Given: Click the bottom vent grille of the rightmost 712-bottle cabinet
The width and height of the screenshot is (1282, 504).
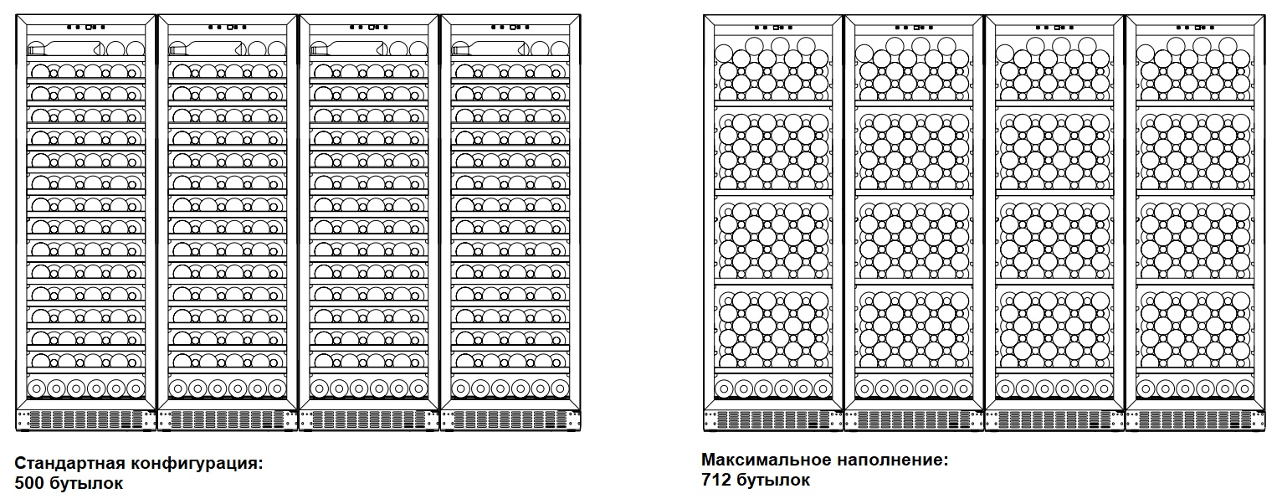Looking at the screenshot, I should tap(1195, 419).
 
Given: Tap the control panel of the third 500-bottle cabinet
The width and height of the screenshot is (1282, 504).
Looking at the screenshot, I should tap(369, 27).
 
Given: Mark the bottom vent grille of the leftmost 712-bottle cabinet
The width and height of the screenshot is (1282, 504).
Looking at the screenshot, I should tap(773, 419).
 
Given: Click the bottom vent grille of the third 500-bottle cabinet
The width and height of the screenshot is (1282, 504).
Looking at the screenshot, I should tap(369, 419).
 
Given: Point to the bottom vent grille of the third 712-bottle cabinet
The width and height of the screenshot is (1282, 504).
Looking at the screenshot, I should tap(1054, 419).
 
